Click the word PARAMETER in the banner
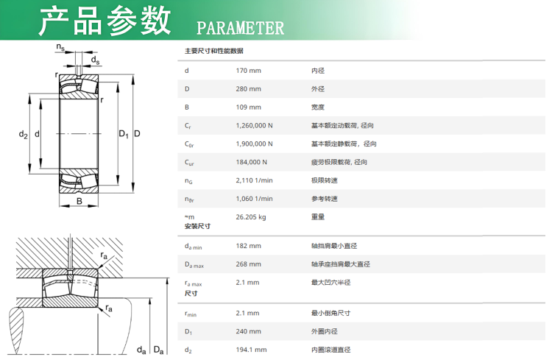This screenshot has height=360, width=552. [x=240, y=28]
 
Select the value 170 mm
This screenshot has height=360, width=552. [x=249, y=71]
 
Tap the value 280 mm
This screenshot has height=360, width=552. [x=249, y=89]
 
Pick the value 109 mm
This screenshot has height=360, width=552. [x=249, y=107]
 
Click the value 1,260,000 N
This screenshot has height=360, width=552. [x=254, y=126]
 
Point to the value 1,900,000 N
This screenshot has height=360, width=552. [x=254, y=144]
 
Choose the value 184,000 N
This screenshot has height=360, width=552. [x=252, y=163]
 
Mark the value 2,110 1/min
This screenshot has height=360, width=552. [x=254, y=180]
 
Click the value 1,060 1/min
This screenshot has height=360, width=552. [x=254, y=199]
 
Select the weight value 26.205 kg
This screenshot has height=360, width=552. [x=251, y=217]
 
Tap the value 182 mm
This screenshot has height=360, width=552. [x=249, y=246]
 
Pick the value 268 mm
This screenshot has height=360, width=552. [x=249, y=264]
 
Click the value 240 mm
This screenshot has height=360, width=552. [x=249, y=332]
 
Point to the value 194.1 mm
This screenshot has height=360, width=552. [x=252, y=350]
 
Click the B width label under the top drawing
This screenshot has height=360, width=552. [x=79, y=201]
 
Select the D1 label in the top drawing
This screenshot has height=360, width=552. [x=124, y=134]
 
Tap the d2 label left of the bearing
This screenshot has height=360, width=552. [x=23, y=134]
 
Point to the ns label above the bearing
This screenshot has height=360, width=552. [x=60, y=47]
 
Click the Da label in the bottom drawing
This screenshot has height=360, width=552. [x=158, y=350]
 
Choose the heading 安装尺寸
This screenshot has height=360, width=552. [x=197, y=226]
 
